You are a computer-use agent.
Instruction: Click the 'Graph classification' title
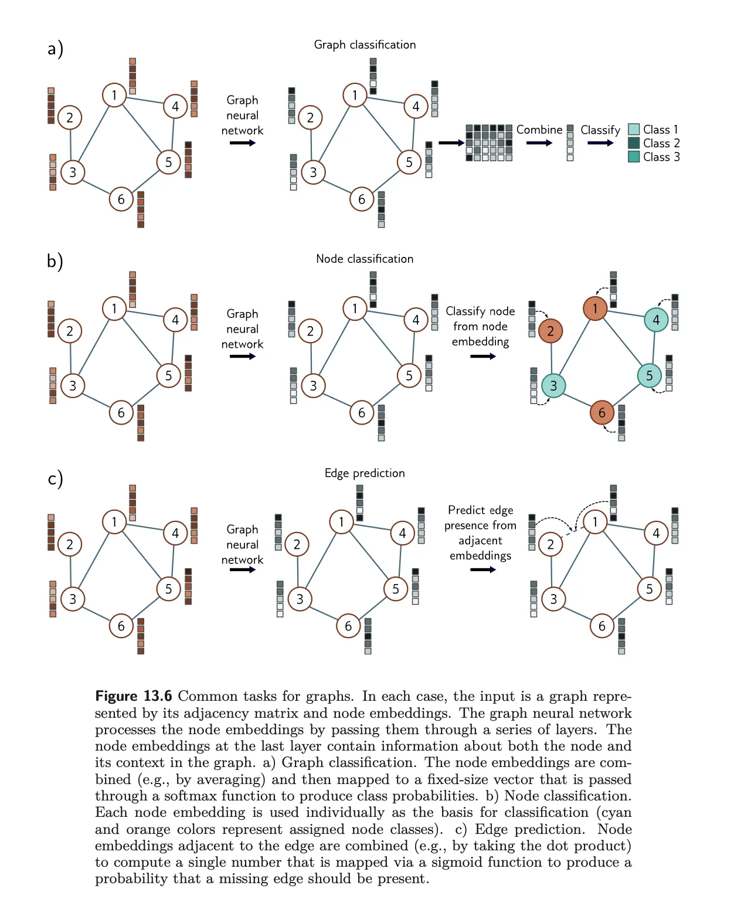(365, 45)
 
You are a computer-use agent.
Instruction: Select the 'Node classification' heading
(365, 259)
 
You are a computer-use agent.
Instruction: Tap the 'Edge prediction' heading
(365, 473)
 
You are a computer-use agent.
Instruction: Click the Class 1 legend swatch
(634, 130)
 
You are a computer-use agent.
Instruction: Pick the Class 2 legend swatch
(634, 143)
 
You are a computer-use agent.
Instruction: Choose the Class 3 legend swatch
(634, 157)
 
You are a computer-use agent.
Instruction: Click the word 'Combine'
(539, 130)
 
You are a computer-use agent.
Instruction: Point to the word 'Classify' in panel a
(600, 130)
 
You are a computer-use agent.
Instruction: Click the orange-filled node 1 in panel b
(595, 308)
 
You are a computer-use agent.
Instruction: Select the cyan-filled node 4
(656, 320)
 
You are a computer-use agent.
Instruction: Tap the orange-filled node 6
(602, 412)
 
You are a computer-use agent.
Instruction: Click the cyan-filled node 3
(553, 385)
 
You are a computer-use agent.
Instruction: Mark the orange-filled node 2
(550, 331)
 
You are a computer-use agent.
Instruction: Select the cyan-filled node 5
(650, 375)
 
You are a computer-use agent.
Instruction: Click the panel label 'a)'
(55, 49)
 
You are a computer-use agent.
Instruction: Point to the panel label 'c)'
(55, 479)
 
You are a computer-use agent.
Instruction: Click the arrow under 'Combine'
(539, 143)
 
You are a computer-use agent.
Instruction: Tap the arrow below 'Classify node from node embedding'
(482, 356)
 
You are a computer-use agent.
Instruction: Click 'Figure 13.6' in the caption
(134, 696)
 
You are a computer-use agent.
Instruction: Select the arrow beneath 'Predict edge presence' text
(482, 569)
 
